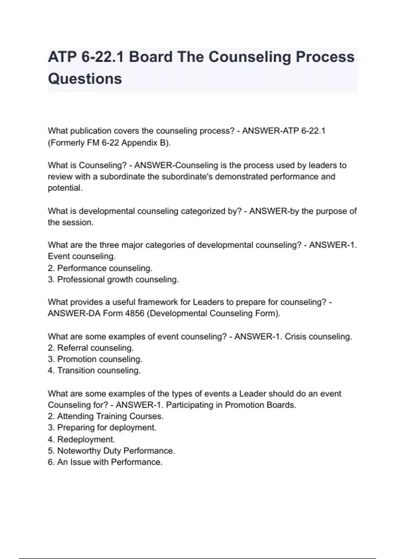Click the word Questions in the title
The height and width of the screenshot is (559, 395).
tap(85, 79)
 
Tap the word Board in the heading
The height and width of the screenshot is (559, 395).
tap(150, 57)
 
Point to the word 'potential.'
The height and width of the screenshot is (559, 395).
tap(65, 188)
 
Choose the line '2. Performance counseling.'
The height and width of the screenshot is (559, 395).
tap(100, 268)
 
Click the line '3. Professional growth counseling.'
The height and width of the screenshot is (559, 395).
tap(113, 279)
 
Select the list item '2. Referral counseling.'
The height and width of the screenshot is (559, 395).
tap(91, 348)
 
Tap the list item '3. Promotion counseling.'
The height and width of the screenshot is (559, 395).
tap(95, 359)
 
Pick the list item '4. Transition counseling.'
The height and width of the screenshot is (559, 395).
tap(94, 371)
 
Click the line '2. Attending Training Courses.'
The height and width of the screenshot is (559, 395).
tap(105, 416)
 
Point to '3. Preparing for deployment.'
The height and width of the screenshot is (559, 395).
tap(102, 428)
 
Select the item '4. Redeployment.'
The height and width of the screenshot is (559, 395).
tap(81, 439)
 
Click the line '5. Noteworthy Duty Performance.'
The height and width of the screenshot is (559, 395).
tap(111, 451)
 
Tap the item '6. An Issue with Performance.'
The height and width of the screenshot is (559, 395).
tap(105, 462)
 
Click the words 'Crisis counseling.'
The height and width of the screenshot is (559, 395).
tap(318, 337)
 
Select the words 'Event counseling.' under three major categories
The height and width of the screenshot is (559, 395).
tap(82, 256)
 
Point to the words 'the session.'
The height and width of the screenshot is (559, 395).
tap(70, 223)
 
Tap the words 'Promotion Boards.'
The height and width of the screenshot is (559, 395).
tap(260, 405)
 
